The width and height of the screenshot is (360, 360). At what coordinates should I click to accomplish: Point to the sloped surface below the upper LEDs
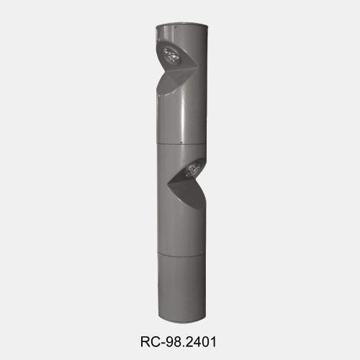click(x=166, y=86)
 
